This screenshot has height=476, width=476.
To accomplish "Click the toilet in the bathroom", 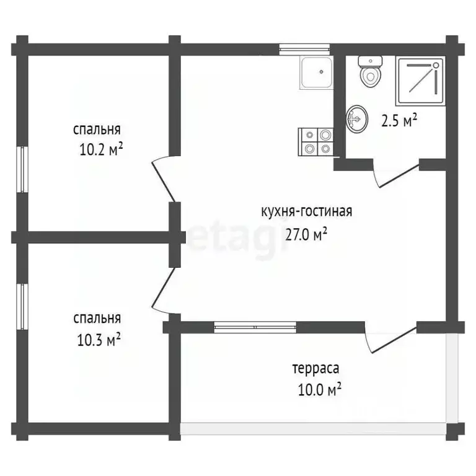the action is click(x=370, y=72).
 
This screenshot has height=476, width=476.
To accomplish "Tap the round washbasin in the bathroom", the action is click(x=357, y=119).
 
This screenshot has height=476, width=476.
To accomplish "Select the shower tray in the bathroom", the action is click(x=420, y=81).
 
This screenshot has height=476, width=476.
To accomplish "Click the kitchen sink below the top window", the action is click(x=317, y=73).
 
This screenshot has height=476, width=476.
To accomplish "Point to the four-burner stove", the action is click(x=315, y=142).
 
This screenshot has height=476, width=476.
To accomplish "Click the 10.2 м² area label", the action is click(x=101, y=149).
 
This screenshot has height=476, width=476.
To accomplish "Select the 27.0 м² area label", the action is click(x=306, y=234).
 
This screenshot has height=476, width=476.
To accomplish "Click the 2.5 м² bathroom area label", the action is click(x=399, y=120).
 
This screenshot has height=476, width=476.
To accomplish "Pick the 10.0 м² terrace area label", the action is click(x=320, y=389).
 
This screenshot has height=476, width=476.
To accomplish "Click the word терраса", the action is click(x=315, y=369).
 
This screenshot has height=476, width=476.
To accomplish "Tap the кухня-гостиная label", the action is click(x=307, y=211).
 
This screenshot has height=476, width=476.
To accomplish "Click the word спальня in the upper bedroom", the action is click(x=97, y=130).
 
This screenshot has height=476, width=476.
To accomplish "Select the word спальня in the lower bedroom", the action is click(x=97, y=319).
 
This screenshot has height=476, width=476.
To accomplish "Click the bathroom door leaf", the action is click(x=399, y=176).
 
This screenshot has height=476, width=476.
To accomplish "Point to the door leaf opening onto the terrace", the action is click(x=394, y=340).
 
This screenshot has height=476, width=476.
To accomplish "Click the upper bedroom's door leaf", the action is click(x=164, y=182).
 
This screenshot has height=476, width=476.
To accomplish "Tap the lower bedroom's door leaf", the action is click(x=164, y=286).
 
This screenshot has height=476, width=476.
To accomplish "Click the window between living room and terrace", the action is click(x=255, y=327).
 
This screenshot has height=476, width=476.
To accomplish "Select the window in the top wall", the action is click(x=304, y=50).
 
